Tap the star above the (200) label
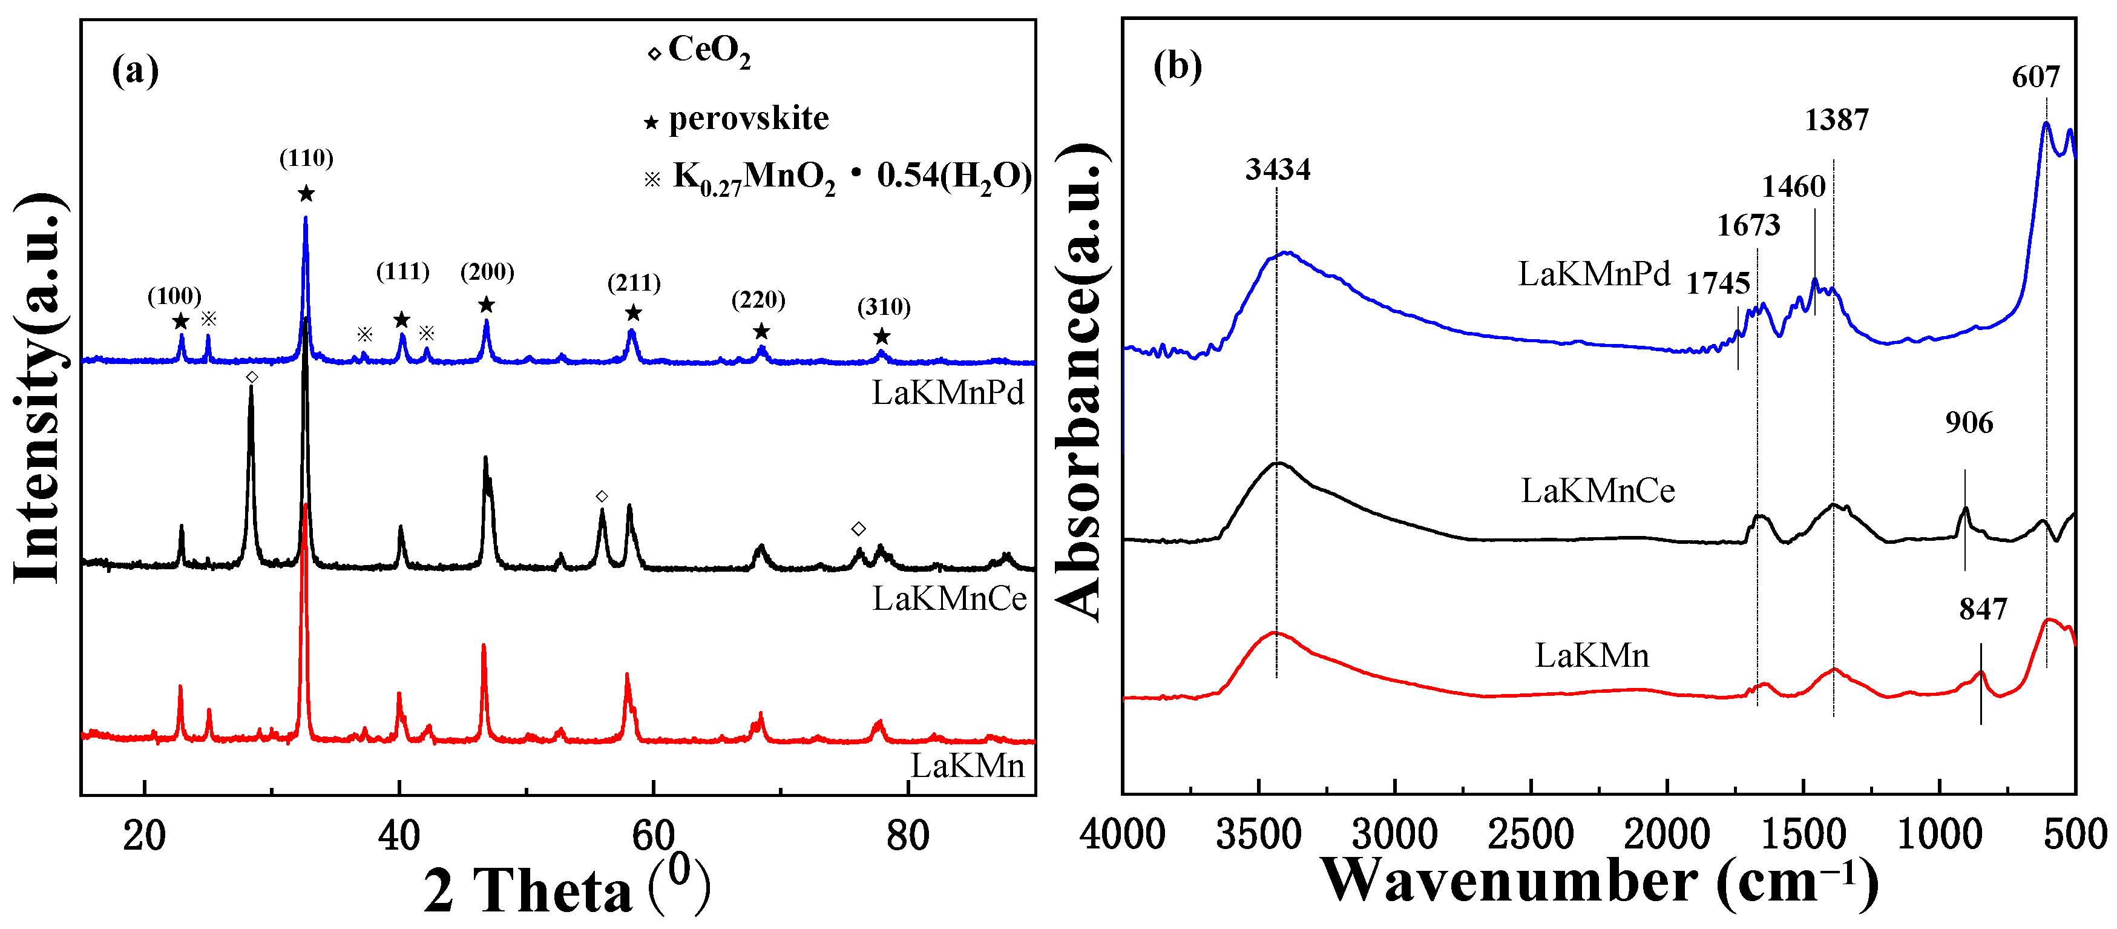click(487, 305)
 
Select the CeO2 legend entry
click(698, 51)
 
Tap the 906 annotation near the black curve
click(1968, 423)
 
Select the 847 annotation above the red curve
click(1982, 609)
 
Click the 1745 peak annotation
click(1718, 283)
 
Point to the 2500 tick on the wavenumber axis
click(1530, 835)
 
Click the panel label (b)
click(1177, 66)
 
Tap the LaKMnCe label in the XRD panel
click(949, 598)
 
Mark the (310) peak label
click(884, 308)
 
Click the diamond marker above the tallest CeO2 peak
click(252, 377)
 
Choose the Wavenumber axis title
click(1598, 881)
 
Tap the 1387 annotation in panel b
click(1836, 120)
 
